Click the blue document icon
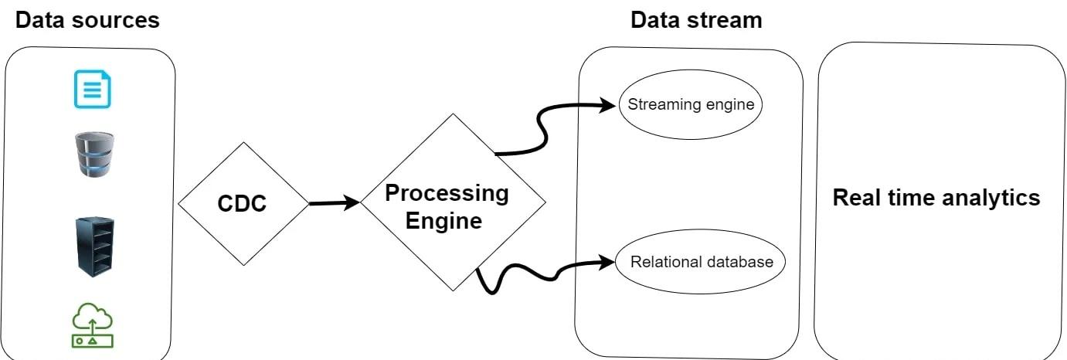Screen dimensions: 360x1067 (93, 88)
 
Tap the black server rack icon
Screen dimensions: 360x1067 (95, 246)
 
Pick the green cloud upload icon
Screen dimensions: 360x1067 (92, 326)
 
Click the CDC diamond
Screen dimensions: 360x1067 (243, 204)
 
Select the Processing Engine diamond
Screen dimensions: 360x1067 (453, 202)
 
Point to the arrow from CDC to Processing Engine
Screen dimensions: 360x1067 (335, 203)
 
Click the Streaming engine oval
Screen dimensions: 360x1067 (690, 104)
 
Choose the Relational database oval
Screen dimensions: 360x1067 (701, 262)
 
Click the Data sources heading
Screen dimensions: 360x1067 (87, 19)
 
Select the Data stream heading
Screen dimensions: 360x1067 (696, 19)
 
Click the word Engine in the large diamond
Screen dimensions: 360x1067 (444, 221)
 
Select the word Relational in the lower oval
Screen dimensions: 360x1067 (662, 262)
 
